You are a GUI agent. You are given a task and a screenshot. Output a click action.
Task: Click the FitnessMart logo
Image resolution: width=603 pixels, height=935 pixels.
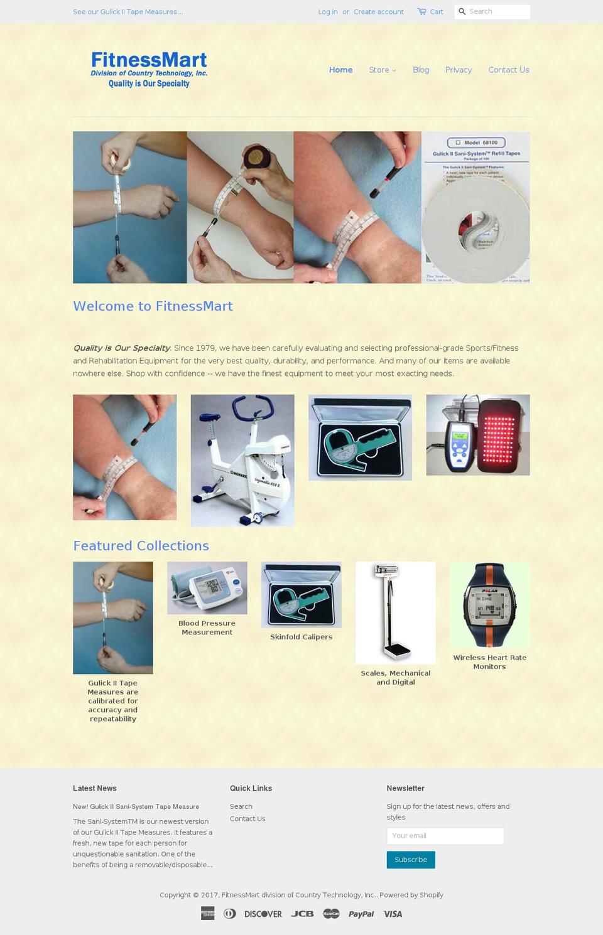coord(149,69)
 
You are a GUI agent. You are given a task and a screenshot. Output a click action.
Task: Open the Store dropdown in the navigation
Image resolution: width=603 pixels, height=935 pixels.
coord(382,70)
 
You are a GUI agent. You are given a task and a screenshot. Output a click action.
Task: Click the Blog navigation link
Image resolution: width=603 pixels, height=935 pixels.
coord(421,70)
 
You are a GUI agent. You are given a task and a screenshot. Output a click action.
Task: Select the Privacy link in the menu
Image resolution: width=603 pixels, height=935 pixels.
coord(459,70)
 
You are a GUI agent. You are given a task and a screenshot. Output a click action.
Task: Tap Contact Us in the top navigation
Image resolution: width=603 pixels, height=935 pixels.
coord(509,70)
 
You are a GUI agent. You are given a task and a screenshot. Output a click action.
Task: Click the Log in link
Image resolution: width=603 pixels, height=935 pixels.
coord(327,12)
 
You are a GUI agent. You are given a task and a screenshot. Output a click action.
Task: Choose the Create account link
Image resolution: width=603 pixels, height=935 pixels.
coord(378,12)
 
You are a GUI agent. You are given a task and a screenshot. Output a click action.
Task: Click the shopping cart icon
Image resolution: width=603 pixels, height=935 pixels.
coord(421,11)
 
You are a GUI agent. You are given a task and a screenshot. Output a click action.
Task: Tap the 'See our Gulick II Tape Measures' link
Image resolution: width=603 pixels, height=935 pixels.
coord(128,12)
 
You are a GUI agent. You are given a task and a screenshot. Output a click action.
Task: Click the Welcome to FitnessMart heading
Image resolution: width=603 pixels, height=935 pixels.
coord(153,306)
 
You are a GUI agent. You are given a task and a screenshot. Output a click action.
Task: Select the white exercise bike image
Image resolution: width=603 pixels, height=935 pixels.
coord(242,460)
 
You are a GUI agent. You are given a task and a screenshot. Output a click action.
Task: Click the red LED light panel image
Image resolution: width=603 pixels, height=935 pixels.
coord(478,435)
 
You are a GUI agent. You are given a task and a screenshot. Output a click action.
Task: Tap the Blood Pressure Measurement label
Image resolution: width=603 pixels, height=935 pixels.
coord(207,628)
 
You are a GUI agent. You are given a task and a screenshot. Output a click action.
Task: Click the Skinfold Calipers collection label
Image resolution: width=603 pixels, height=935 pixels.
coord(301,637)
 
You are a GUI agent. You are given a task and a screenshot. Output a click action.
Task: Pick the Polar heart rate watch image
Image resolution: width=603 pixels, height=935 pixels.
coord(489,605)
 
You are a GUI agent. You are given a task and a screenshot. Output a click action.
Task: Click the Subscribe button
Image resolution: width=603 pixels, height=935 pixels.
coord(411,860)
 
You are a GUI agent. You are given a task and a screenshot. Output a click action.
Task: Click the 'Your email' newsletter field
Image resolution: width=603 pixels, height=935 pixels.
coord(445,836)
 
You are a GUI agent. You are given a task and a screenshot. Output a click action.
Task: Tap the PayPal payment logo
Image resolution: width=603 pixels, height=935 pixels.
coord(361,914)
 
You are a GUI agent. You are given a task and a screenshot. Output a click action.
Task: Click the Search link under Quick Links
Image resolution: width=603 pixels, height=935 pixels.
coord(241,806)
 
